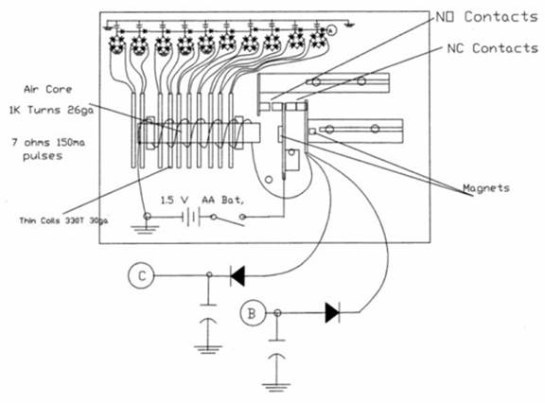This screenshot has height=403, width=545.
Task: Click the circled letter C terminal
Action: coord(141,276)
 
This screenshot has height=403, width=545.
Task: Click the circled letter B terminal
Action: coord(253,313)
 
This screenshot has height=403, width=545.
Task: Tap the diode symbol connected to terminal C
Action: coord(237,276)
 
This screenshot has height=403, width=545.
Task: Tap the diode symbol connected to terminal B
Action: coord(332,313)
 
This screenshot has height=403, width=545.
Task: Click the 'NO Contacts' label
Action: coord(486,17)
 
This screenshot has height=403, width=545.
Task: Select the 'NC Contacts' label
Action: coord(493,48)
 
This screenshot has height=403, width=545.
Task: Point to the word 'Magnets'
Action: coord(486,188)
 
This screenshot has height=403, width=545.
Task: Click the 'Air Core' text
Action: coord(48,89)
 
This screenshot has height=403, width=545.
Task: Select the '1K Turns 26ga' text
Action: coord(51,110)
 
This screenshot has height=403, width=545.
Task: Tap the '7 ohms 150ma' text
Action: coord(48,143)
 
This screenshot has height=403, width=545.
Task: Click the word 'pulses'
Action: coord(43,156)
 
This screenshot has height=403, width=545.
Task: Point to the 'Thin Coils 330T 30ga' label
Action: coord(63,220)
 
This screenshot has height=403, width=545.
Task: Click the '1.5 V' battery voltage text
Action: coord(174,201)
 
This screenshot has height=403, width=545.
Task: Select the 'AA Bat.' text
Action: coord(222,201)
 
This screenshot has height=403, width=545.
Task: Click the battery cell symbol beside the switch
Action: coord(190,218)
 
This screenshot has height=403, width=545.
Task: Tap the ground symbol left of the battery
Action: coord(145,229)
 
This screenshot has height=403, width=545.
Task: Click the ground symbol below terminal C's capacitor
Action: coord(208,349)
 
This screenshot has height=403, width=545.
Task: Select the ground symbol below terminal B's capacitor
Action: coord(276,387)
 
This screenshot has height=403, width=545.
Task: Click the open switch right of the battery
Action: coord(229,219)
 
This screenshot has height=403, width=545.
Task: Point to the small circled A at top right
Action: coord(332,30)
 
